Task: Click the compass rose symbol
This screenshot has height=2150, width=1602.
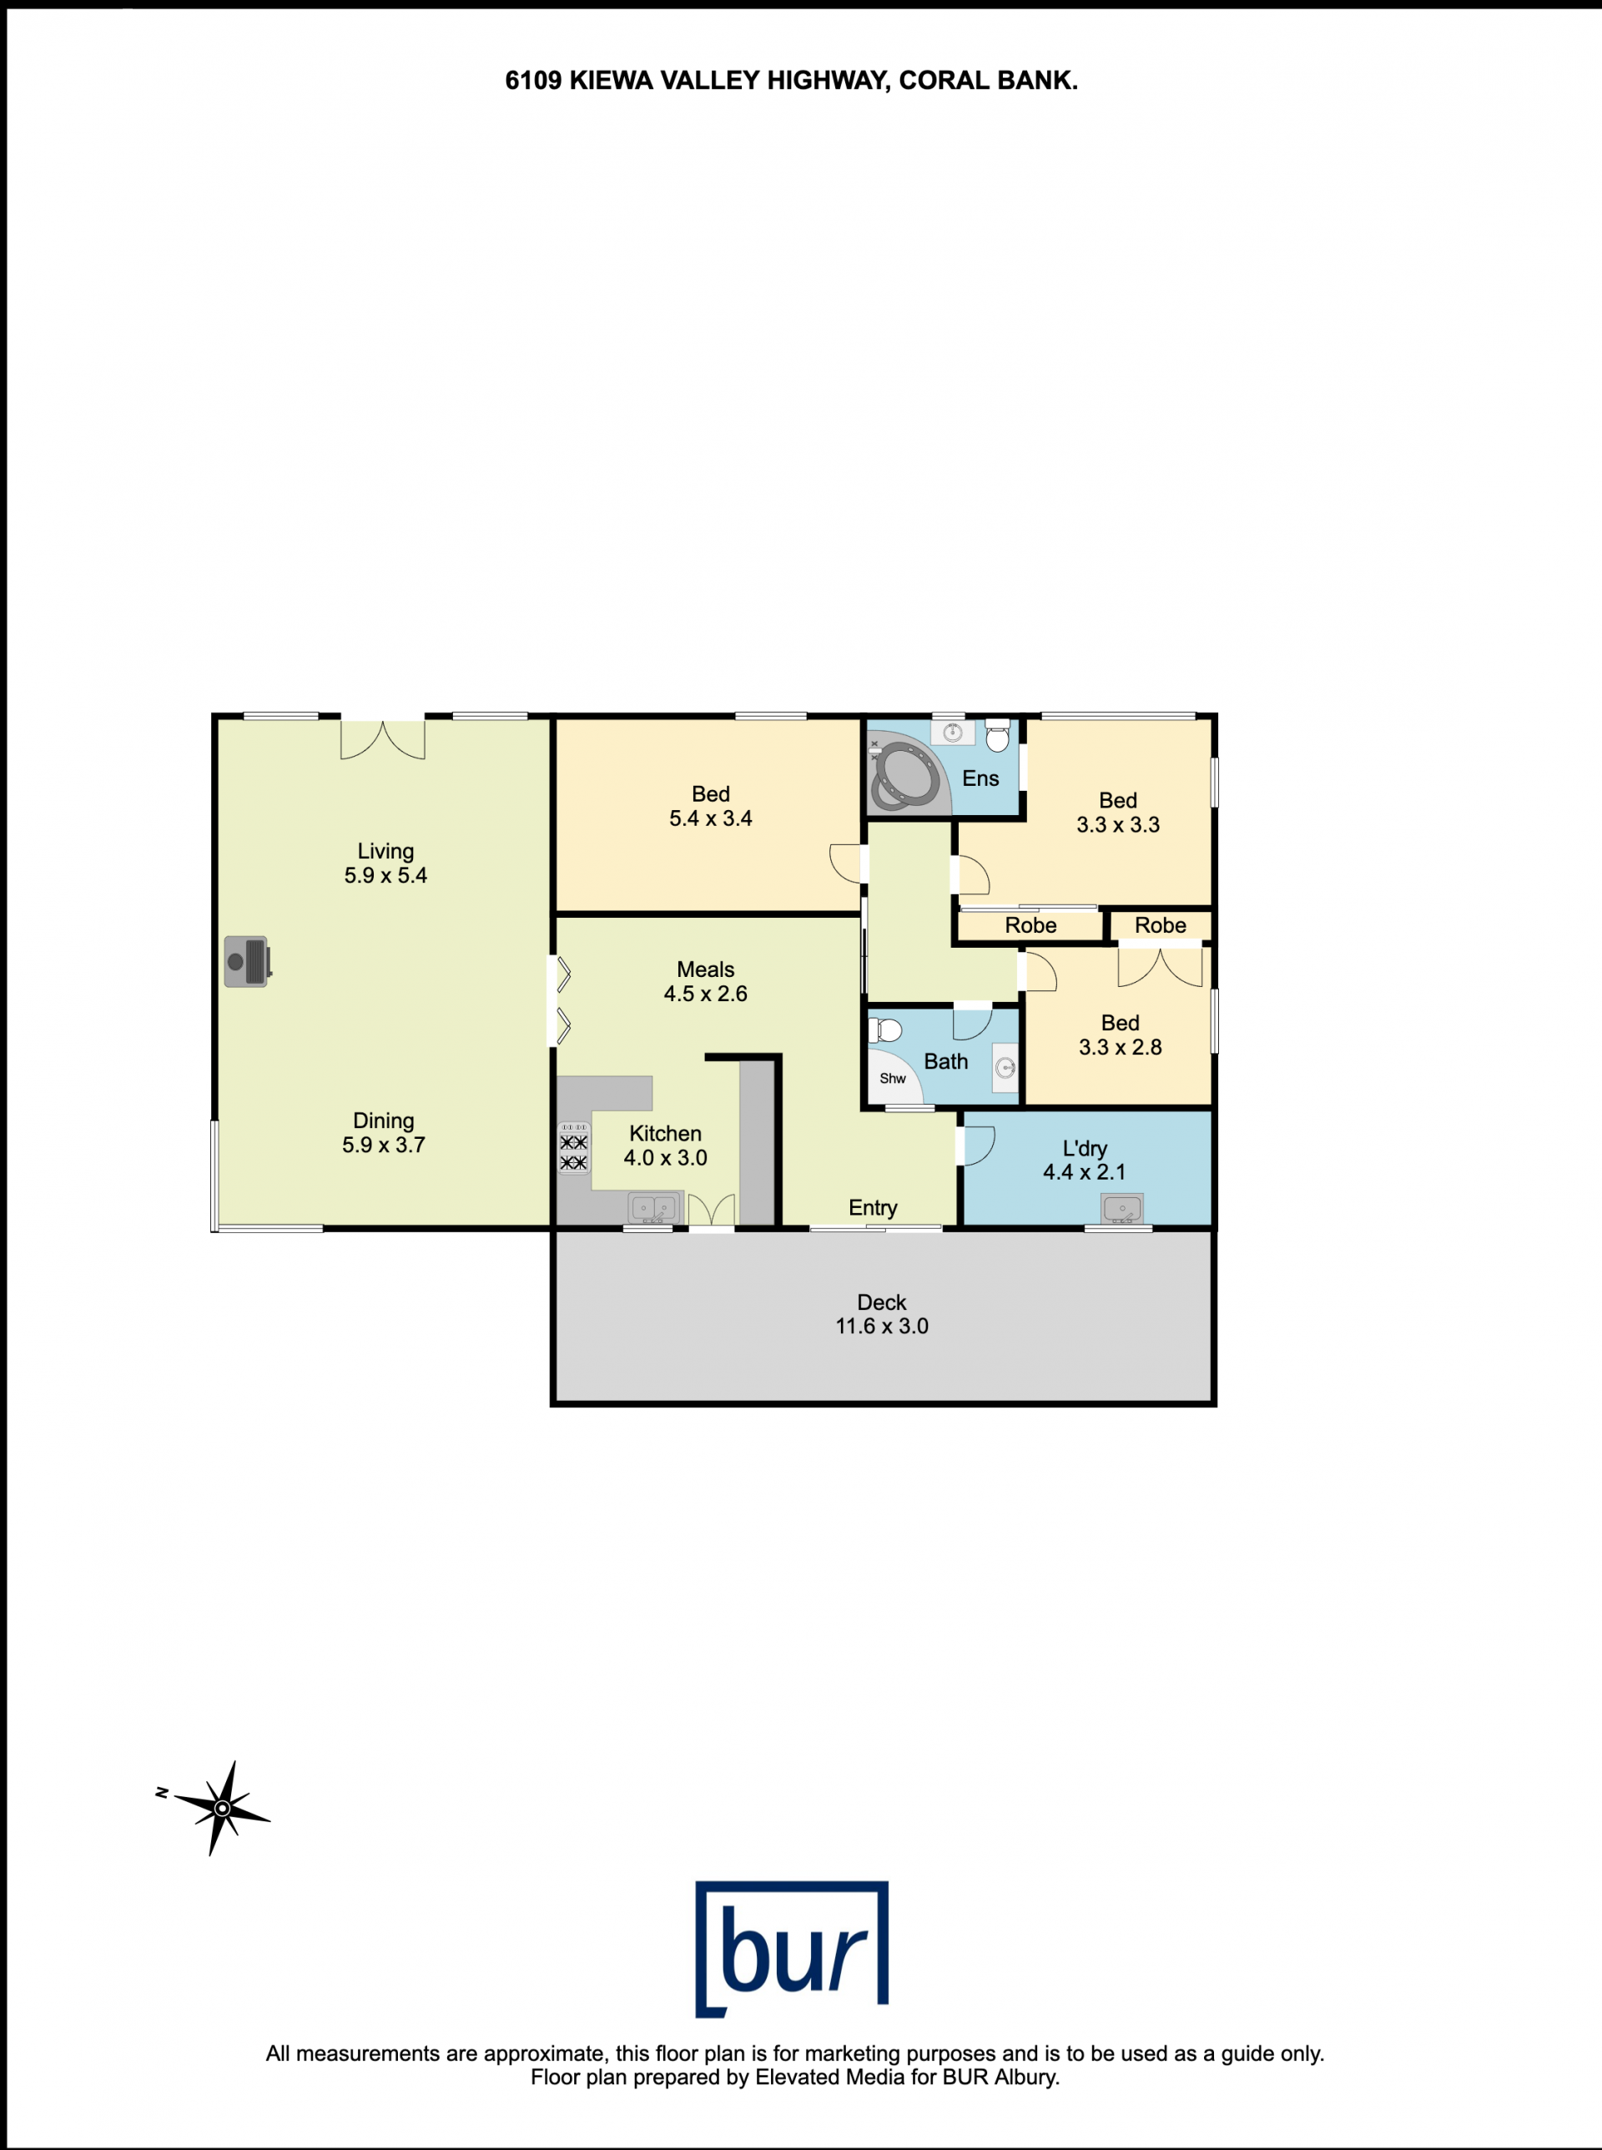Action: click(222, 1808)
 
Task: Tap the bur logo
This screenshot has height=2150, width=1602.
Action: click(791, 1949)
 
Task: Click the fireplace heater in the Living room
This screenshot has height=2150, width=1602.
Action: click(247, 961)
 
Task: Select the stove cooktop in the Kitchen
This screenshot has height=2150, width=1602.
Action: click(573, 1148)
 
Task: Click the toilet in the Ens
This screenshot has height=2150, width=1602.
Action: click(997, 736)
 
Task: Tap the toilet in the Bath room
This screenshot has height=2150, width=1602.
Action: click(885, 1029)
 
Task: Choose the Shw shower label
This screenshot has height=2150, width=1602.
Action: click(892, 1079)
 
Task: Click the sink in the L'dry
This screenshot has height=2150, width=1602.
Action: click(1122, 1208)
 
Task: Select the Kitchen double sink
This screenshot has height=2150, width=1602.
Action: click(652, 1208)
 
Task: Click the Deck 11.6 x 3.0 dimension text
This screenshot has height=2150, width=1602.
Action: click(881, 1326)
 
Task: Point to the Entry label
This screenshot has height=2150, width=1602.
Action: click(873, 1207)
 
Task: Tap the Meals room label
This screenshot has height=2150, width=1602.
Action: click(705, 969)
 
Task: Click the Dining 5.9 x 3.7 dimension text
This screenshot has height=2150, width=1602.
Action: click(383, 1145)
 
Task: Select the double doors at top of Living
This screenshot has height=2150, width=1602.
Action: click(383, 739)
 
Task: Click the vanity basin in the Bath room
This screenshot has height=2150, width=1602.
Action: click(1005, 1068)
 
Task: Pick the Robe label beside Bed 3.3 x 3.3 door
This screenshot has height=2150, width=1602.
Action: click(1030, 925)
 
